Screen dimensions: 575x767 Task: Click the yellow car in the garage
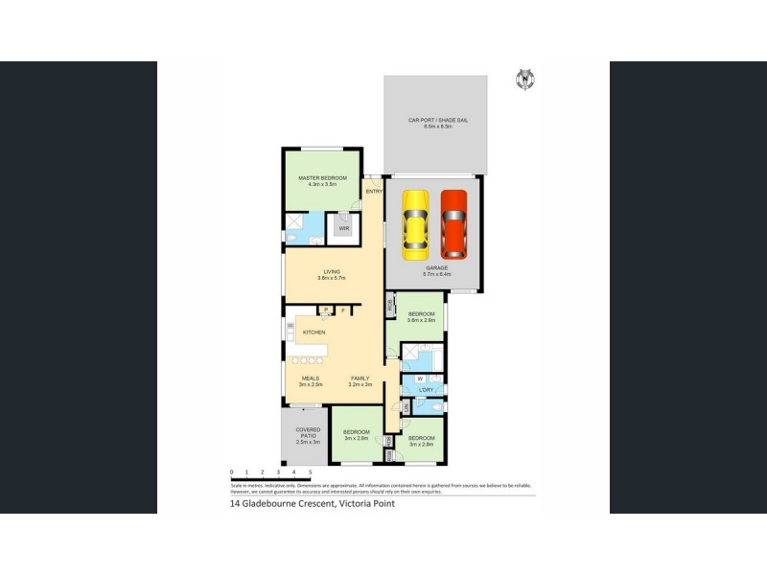click(415, 224)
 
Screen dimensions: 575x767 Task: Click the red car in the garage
click(453, 224)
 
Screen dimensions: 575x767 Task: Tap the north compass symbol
click(524, 80)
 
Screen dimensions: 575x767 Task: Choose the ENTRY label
click(374, 192)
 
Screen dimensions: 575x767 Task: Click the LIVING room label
click(332, 274)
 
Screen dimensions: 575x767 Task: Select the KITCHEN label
click(314, 333)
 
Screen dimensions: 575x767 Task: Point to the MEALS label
click(311, 379)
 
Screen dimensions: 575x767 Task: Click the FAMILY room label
click(360, 379)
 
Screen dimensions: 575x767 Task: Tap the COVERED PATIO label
click(308, 433)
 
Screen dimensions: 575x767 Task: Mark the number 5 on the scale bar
click(310, 472)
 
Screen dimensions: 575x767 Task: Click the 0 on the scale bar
click(232, 472)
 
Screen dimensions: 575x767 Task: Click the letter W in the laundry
click(419, 379)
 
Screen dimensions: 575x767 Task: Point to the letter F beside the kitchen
click(342, 310)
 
